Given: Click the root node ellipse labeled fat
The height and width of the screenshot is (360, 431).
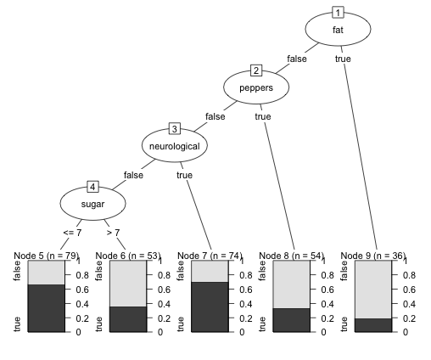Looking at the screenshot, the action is click(338, 29).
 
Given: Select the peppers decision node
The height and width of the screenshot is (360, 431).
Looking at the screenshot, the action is click(256, 87).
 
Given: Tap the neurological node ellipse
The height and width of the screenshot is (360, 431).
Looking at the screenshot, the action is click(175, 145).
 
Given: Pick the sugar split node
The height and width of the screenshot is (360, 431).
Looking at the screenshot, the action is click(92, 204).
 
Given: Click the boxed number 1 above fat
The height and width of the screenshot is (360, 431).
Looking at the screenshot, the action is click(338, 13).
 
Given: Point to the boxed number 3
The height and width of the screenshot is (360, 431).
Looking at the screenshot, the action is click(175, 129).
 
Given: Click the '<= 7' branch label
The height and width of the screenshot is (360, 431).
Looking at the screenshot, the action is click(72, 233).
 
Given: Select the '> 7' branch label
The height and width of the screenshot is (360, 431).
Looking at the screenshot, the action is click(113, 233).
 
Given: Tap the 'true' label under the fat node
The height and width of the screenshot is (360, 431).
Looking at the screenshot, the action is click(343, 59).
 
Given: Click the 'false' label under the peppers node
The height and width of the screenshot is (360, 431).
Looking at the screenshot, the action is click(215, 116).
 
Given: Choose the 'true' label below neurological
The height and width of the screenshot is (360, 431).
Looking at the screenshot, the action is click(184, 175).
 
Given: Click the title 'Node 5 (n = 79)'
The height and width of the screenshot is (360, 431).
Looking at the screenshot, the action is click(46, 256).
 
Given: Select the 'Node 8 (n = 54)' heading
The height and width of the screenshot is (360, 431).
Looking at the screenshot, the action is click(291, 256).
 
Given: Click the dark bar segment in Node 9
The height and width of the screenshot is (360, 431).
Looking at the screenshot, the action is click(373, 325).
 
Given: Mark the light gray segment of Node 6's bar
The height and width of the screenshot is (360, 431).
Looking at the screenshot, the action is click(128, 284).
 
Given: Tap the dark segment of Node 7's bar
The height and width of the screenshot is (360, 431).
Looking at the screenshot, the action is click(210, 307).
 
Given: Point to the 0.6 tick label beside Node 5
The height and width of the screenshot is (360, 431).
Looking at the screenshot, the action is click(82, 290).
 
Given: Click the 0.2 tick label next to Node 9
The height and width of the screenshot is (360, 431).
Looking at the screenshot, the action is click(409, 318).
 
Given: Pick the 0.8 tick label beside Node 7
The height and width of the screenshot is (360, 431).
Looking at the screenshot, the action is click(246, 275).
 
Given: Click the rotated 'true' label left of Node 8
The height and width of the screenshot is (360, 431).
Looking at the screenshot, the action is click(262, 324).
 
